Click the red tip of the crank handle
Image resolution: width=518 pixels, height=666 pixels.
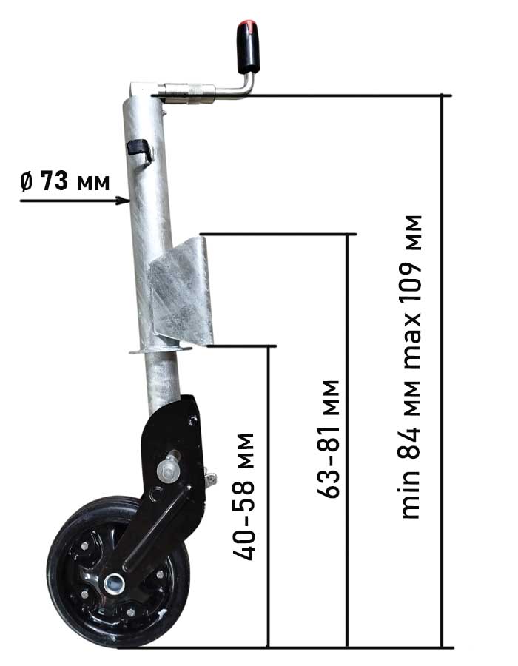point(245,24)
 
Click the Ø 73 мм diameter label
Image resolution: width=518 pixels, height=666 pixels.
point(65,181)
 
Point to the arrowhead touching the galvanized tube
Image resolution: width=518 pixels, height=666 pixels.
point(124,201)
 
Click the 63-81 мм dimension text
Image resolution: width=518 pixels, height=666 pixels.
point(329,439)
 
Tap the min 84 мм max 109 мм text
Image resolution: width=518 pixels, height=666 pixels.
point(410,367)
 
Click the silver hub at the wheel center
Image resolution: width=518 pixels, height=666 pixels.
point(115,584)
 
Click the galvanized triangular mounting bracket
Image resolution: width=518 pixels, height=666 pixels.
point(181,293)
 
